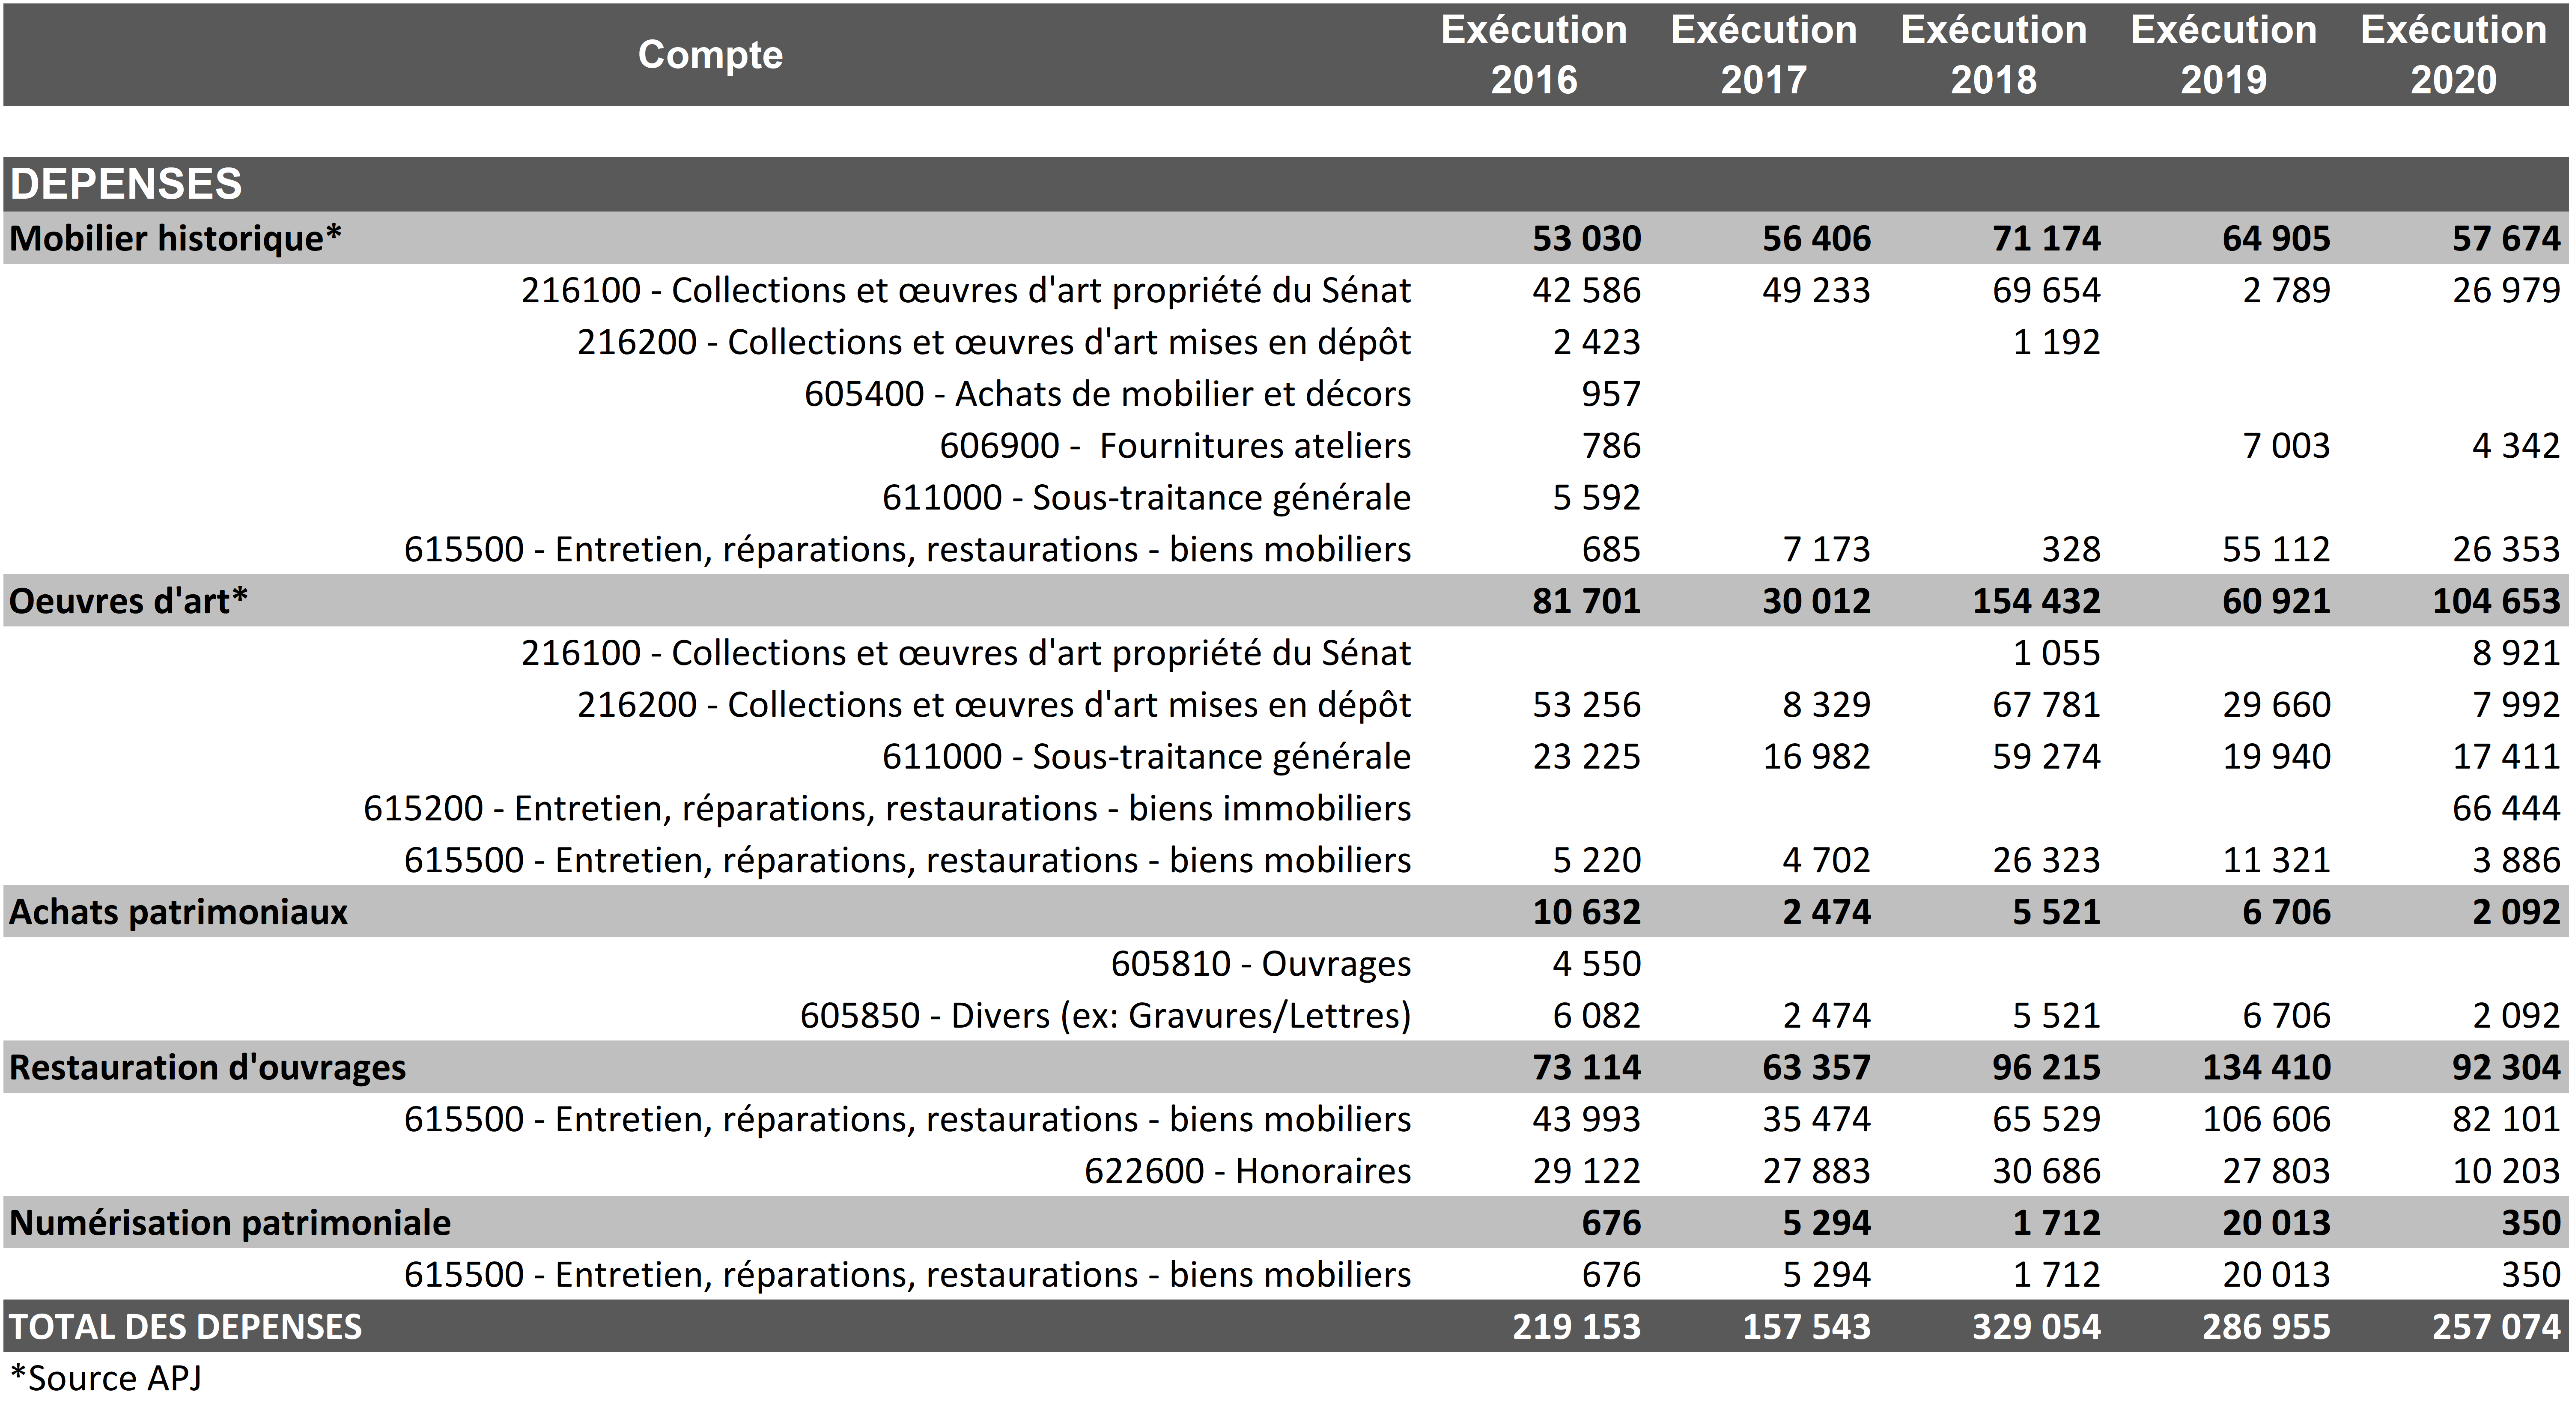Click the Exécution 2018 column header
1994,55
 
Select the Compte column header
710,55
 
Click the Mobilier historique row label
176,238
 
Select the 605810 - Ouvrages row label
1261,963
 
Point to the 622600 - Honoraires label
1248,1171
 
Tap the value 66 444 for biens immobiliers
2505,808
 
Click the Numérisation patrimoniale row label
230,1222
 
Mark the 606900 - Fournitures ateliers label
1175,446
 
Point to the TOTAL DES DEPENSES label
185,1326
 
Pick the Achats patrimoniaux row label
179,912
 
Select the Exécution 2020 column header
2453,55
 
